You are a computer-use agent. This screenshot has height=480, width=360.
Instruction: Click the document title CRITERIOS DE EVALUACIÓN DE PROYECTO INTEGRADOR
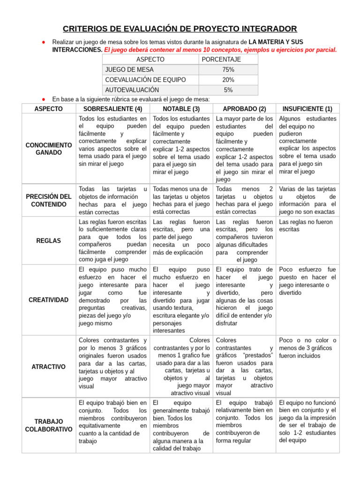[x=180, y=29]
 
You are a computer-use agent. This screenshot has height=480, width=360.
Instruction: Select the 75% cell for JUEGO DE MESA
[x=228, y=69]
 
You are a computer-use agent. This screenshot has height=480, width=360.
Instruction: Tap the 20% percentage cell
[x=228, y=80]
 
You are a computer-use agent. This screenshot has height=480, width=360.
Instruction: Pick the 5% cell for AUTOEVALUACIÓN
[x=228, y=90]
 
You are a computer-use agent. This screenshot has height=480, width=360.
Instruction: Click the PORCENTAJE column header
[x=221, y=60]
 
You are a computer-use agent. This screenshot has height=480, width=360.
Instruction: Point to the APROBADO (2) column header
[x=244, y=109]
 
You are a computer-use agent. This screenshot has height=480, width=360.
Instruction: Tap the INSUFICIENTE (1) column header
[x=307, y=109]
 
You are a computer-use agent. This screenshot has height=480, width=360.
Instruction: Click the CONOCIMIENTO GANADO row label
[x=48, y=149]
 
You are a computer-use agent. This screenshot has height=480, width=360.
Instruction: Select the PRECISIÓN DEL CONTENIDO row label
[x=48, y=200]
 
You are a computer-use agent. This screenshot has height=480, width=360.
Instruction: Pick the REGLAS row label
[x=48, y=240]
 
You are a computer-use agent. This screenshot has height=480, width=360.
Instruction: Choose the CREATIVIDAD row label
[x=48, y=300]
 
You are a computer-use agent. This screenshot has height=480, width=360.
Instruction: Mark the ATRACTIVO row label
[x=48, y=367]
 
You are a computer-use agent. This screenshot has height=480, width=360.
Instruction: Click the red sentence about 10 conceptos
[x=220, y=50]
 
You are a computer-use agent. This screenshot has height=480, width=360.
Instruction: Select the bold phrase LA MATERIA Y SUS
[x=276, y=42]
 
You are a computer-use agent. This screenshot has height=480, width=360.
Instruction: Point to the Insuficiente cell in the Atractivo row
[x=307, y=348]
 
